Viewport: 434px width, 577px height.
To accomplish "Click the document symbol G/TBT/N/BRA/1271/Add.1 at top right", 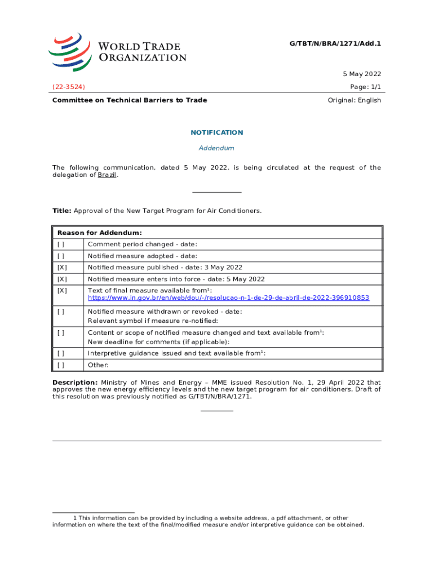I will coord(338,43).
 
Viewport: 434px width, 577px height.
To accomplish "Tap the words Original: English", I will coord(354,100).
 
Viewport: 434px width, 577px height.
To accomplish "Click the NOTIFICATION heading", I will coord(217,132).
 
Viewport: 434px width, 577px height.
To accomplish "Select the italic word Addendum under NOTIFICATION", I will coord(216,148).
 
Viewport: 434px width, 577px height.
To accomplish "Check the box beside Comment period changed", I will coord(60,244).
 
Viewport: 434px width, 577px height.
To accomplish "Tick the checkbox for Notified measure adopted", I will coord(60,256).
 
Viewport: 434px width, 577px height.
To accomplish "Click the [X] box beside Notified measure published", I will coord(61,267).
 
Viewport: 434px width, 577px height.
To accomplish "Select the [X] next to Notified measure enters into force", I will coord(61,279).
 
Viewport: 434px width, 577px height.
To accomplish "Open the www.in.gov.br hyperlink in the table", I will coord(228,298).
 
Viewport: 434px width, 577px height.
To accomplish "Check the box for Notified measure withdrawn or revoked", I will coord(60,311).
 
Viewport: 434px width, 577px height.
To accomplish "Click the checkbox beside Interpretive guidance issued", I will coord(60,353).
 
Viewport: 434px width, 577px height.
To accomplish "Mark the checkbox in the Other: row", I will coord(60,365).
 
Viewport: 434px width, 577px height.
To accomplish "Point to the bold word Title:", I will coord(61,211).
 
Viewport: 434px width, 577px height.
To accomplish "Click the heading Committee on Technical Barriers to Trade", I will coord(130,100).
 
